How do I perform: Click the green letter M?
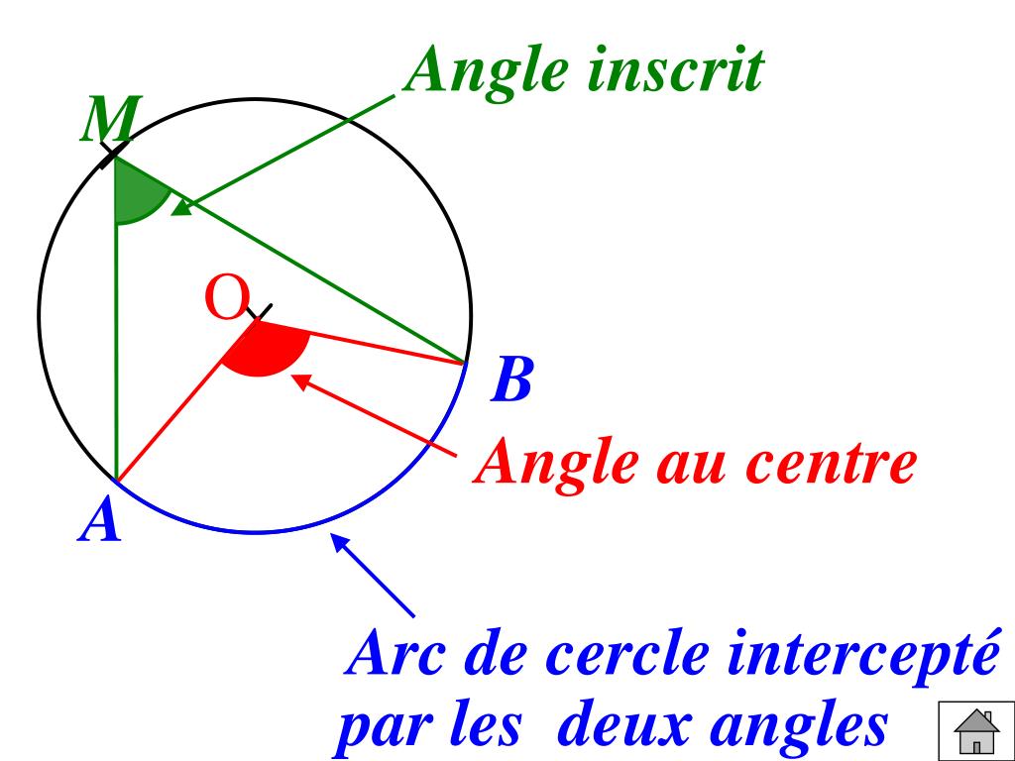110,122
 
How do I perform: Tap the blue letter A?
99,521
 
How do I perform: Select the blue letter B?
512,380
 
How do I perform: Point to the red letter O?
224,299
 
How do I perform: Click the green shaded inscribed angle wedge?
137,197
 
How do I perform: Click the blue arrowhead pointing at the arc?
340,544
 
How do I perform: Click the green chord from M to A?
116,347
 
